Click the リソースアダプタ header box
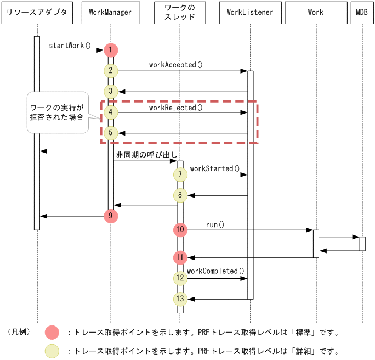(x=37, y=13)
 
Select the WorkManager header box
(x=110, y=13)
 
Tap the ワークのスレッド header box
(x=180, y=13)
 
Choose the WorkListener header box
(x=250, y=13)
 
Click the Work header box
(x=316, y=13)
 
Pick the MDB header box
(x=362, y=13)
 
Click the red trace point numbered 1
(x=111, y=50)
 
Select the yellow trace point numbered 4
(x=111, y=113)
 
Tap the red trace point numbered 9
(x=111, y=216)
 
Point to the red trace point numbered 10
(x=180, y=230)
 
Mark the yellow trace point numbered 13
(x=180, y=299)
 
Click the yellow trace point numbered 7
(x=180, y=175)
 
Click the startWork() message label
(x=70, y=45)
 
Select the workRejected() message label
(x=175, y=108)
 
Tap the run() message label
(x=215, y=224)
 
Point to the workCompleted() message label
(x=215, y=271)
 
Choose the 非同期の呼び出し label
(x=146, y=155)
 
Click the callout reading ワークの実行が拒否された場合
(x=57, y=113)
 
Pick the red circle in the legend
(x=52, y=333)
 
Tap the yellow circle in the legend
(x=52, y=351)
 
